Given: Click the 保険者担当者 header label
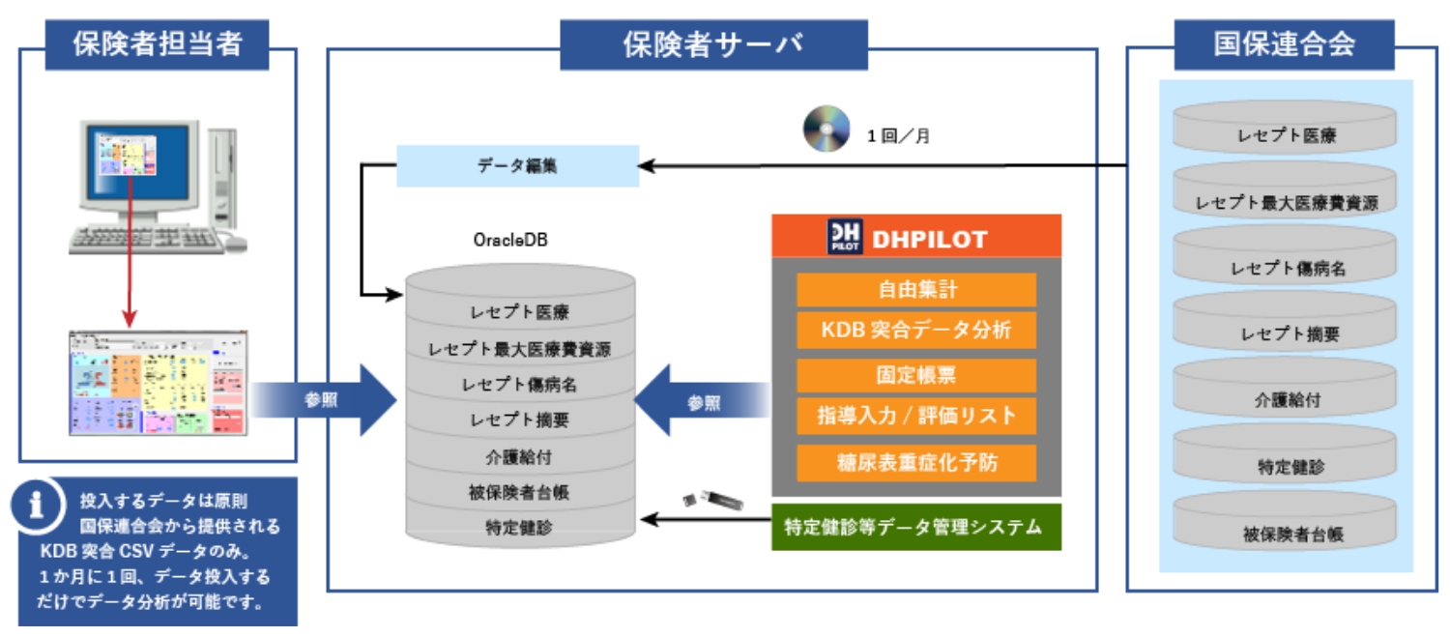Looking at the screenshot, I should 157,44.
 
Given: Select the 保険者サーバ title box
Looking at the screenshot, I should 712,44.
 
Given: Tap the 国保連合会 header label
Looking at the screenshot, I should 1284,44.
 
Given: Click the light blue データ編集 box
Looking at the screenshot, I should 517,165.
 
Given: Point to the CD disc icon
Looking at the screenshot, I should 826,129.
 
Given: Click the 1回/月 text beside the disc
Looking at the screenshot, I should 898,136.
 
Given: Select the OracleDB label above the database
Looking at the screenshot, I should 510,240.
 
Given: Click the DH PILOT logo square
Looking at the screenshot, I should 843,238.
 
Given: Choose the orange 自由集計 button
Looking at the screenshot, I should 915,289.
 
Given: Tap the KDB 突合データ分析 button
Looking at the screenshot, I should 915,330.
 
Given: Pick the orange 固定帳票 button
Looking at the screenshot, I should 915,375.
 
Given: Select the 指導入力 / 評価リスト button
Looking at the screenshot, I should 915,416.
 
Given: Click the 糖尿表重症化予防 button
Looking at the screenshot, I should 915,462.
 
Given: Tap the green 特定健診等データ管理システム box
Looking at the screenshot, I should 915,527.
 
